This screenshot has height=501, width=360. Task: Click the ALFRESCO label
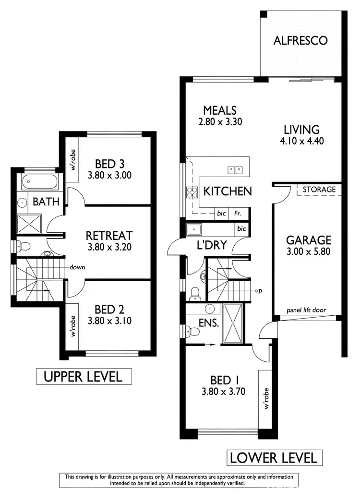(x=300, y=40)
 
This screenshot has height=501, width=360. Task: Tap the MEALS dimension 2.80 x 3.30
(x=219, y=122)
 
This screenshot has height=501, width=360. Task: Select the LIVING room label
(x=301, y=130)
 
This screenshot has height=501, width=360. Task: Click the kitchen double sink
(x=235, y=169)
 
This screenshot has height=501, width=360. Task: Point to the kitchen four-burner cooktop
(x=192, y=191)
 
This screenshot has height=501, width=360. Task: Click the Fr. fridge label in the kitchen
(x=237, y=214)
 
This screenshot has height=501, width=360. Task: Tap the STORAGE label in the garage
(x=319, y=190)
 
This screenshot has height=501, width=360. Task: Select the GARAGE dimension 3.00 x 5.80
(x=309, y=251)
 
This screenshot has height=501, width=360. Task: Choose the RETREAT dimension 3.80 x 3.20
(x=109, y=247)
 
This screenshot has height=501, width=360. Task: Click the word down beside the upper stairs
(x=77, y=267)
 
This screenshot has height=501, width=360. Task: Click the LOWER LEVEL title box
(x=274, y=457)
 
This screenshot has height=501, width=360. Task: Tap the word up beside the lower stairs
(x=258, y=291)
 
